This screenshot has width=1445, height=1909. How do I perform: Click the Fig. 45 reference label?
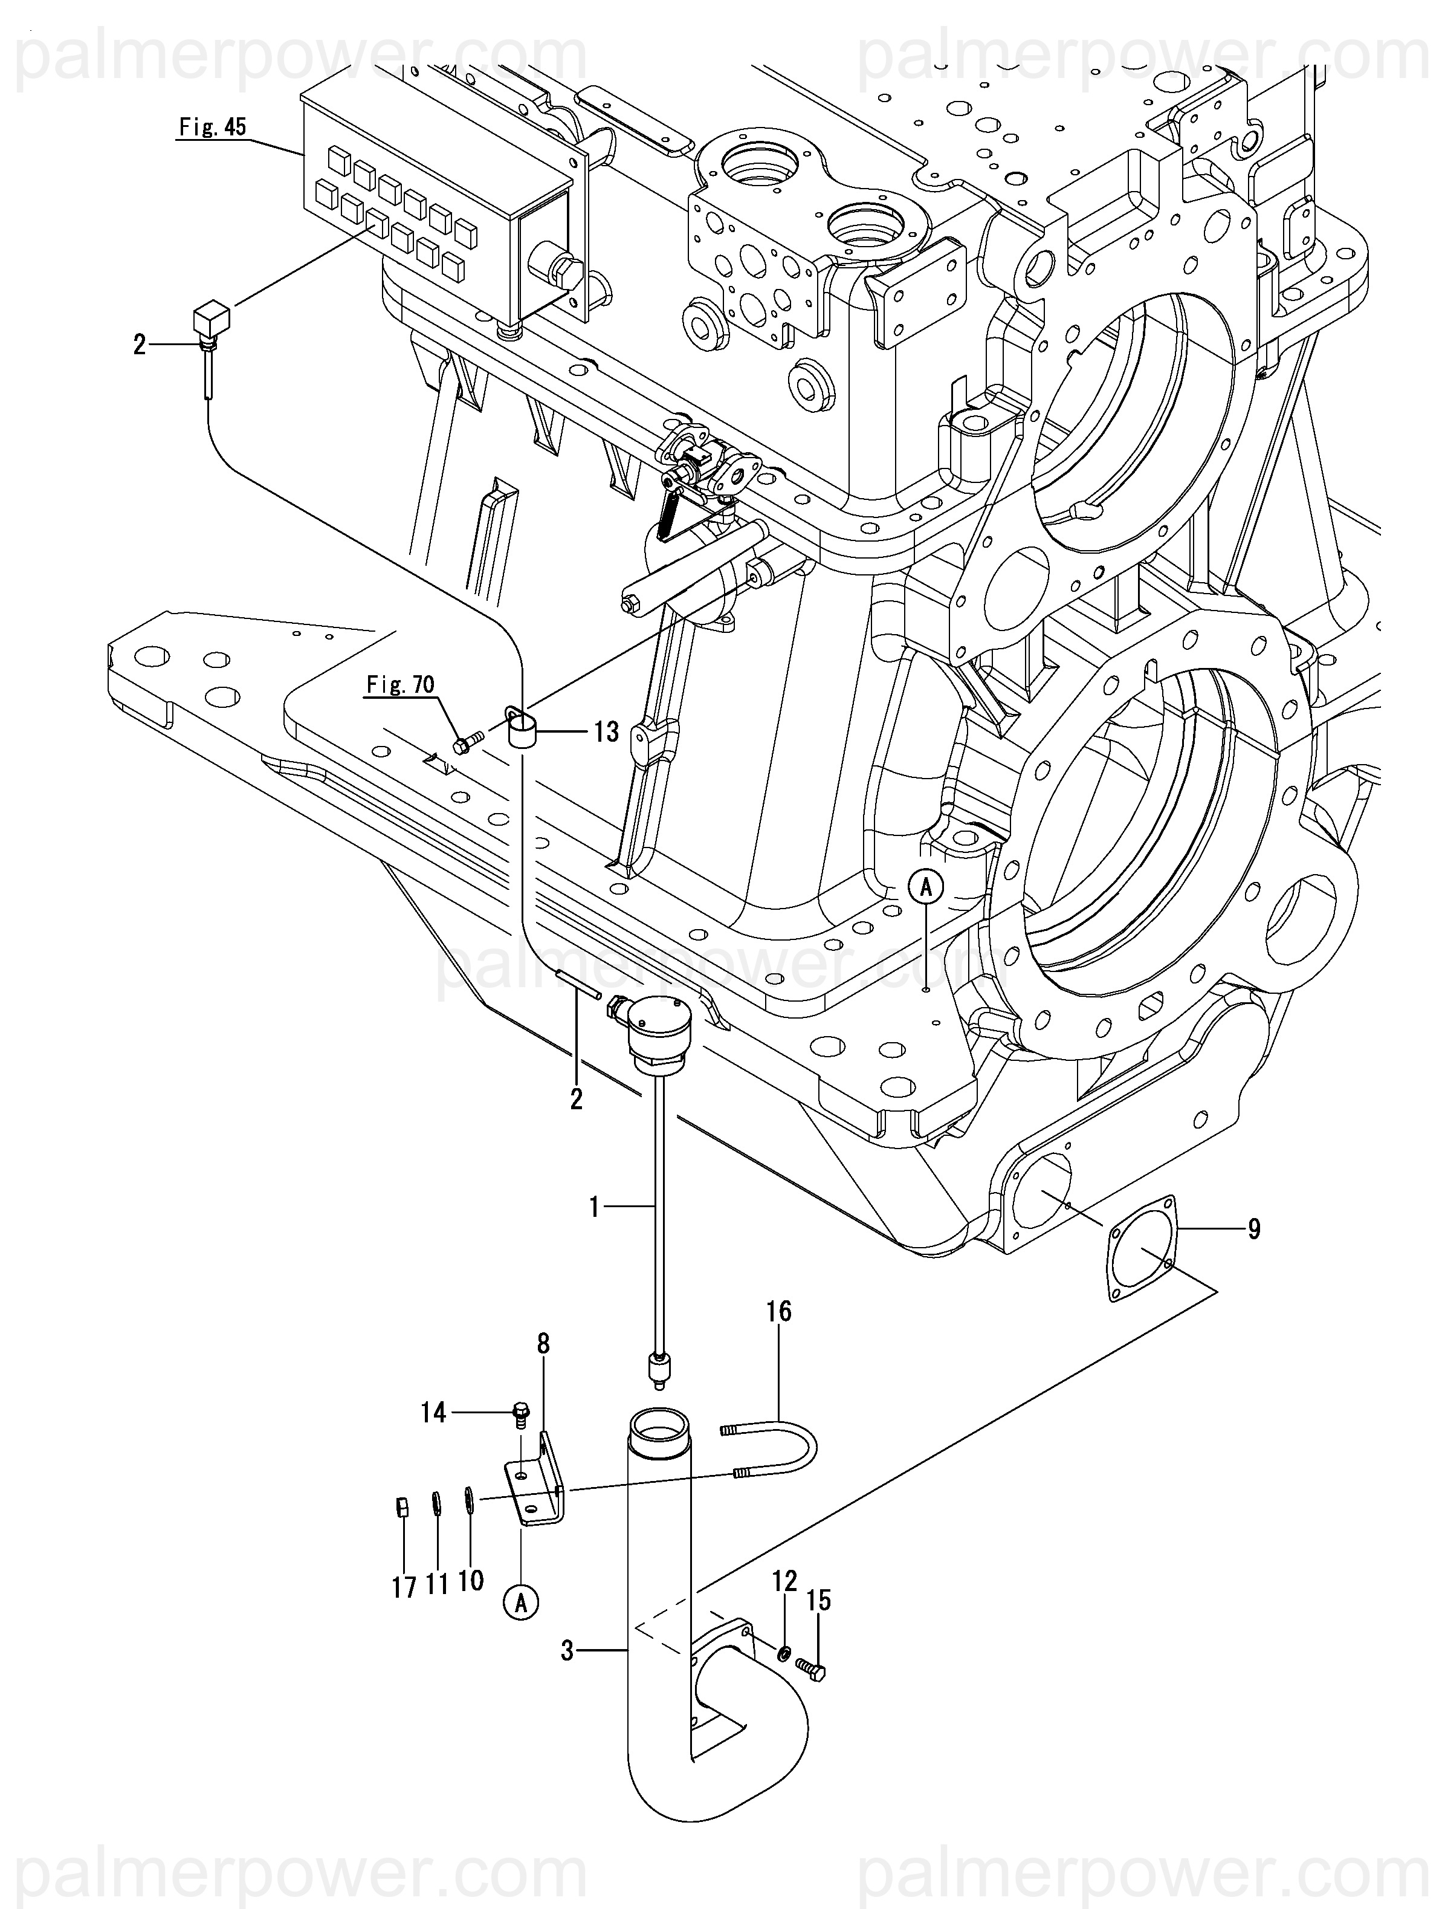point(212,128)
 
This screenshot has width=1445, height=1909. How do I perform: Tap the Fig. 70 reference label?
point(400,685)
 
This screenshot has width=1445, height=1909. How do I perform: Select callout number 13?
point(607,733)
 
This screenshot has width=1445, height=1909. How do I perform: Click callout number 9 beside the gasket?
point(1253,1228)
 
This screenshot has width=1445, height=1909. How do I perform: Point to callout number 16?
point(778,1312)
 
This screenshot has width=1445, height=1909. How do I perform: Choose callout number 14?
point(433,1413)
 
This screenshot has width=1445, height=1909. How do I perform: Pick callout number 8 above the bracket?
point(543,1344)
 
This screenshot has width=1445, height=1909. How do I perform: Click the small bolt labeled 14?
point(520,1414)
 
